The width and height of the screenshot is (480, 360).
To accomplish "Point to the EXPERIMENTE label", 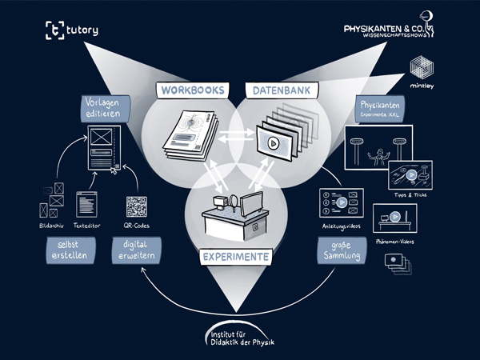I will click(235, 258).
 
